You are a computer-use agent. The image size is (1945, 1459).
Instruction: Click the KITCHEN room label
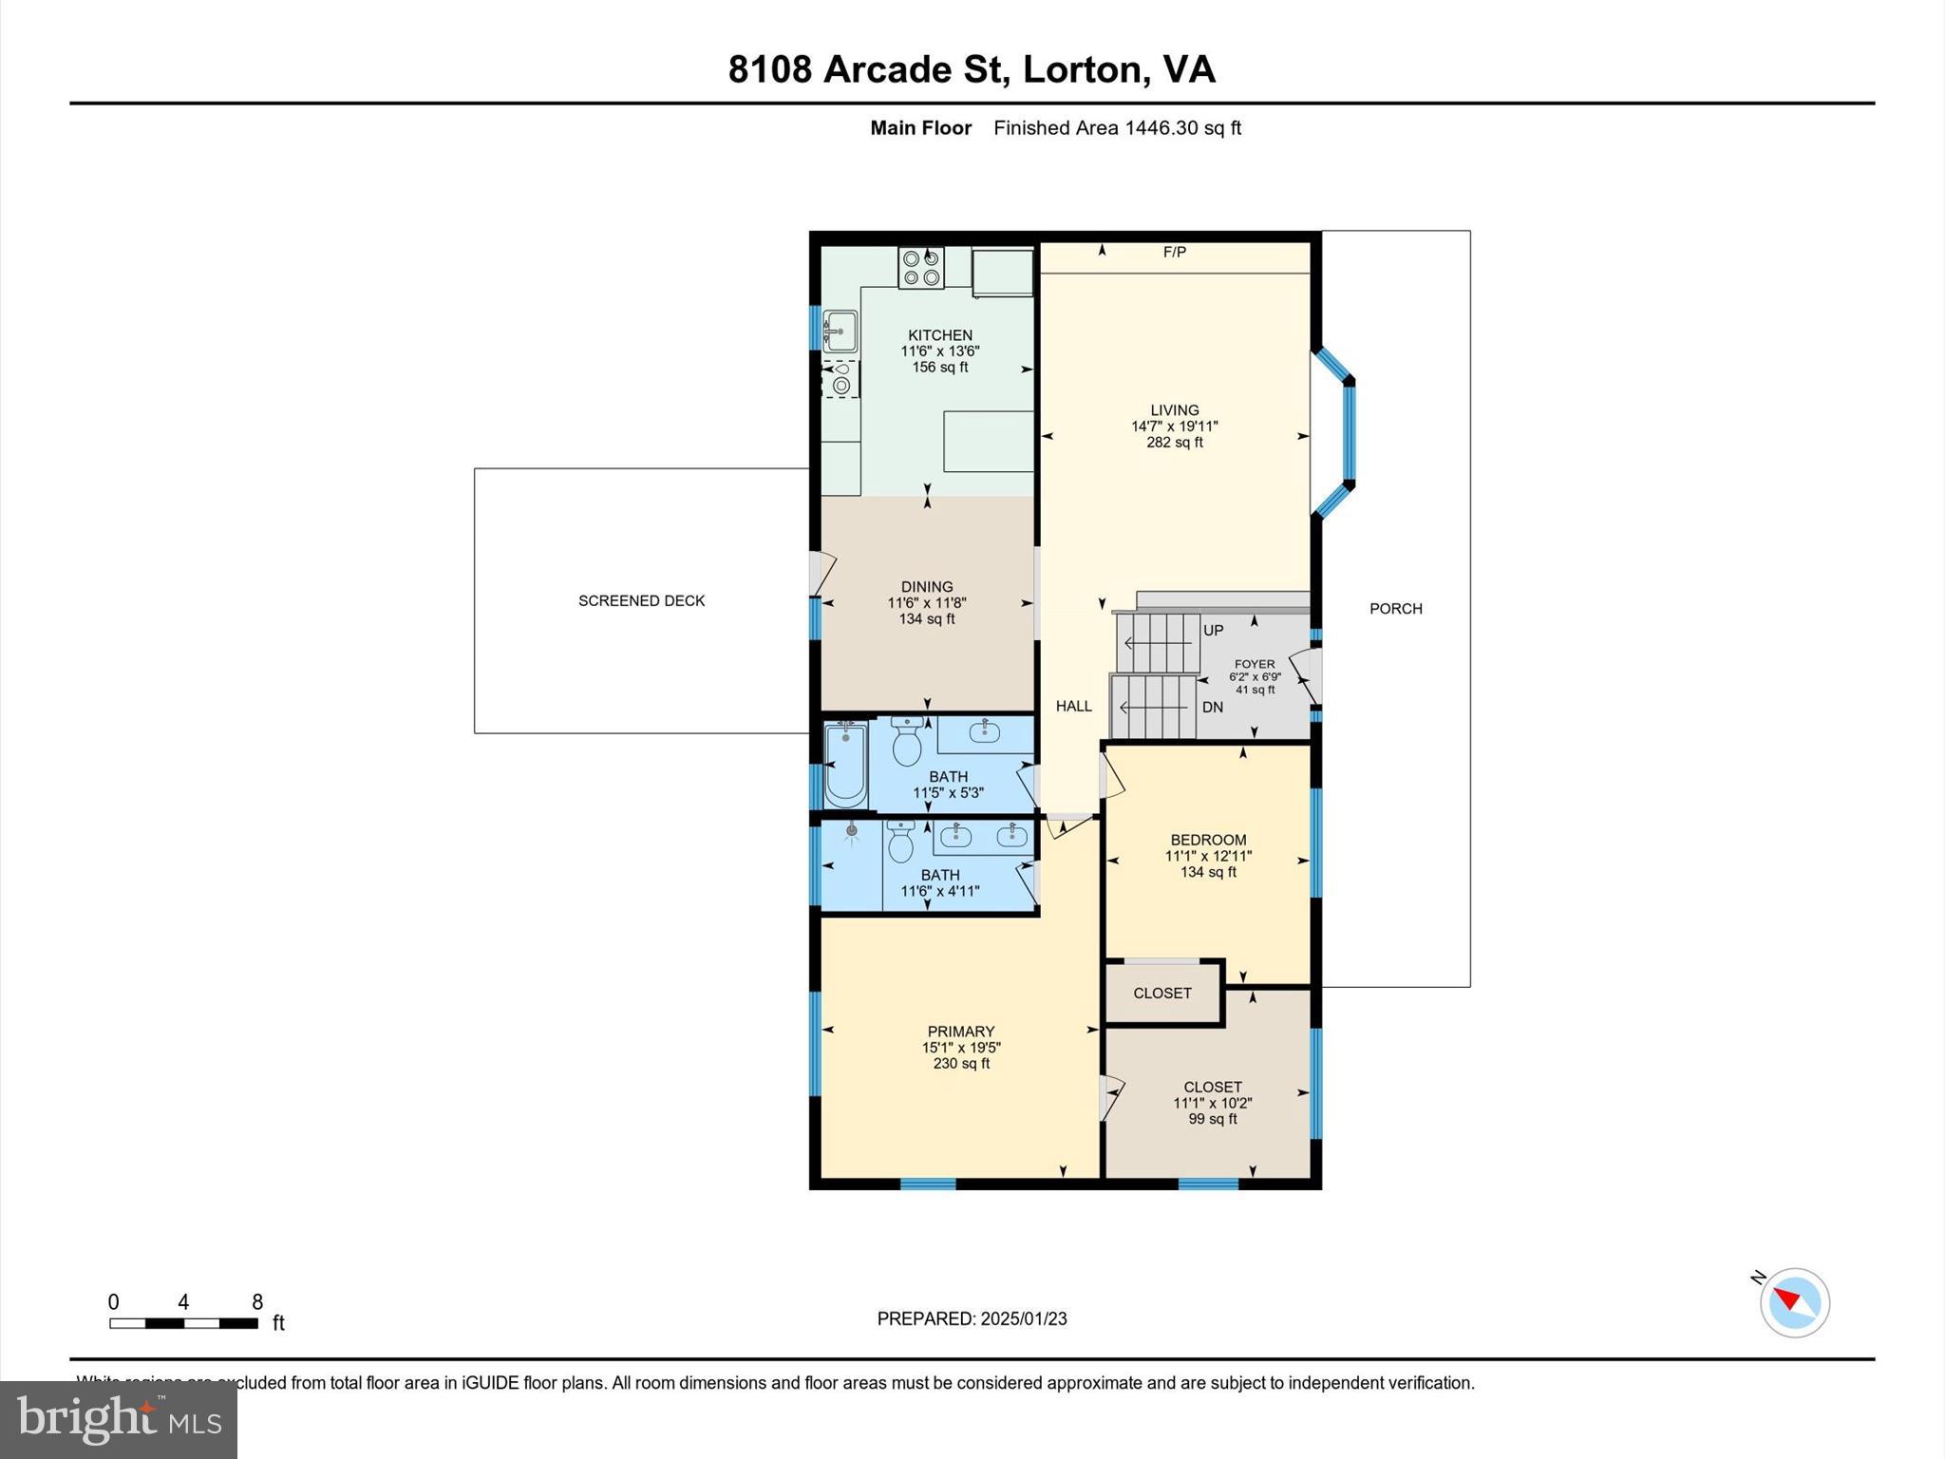click(x=939, y=335)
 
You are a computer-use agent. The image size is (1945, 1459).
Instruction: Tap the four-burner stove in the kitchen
click(x=921, y=267)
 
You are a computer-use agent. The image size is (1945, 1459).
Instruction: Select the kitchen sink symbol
click(x=840, y=332)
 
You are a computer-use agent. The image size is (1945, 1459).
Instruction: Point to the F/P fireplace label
click(x=1174, y=253)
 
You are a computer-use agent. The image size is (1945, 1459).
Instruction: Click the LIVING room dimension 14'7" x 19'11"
click(x=1174, y=426)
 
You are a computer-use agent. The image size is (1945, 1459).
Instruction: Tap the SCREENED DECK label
click(x=641, y=601)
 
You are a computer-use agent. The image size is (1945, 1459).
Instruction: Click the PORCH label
click(x=1395, y=609)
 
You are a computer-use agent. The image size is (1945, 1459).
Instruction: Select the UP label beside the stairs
click(x=1213, y=631)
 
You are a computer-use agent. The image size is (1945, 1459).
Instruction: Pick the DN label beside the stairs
click(x=1212, y=708)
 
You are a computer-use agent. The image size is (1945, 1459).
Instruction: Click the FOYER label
click(x=1254, y=665)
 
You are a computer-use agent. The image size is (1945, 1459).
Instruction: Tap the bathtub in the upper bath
click(x=844, y=764)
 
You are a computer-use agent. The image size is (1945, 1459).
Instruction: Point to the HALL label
click(x=1073, y=706)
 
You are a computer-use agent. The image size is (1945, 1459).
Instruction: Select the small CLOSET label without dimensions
click(x=1161, y=993)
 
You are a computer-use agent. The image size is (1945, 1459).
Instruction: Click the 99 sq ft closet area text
click(x=1212, y=1119)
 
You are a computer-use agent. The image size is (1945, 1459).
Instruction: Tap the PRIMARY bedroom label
click(x=960, y=1032)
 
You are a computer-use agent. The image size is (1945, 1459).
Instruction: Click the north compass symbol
click(x=1793, y=1302)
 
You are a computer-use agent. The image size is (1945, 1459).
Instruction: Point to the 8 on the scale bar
click(x=256, y=1302)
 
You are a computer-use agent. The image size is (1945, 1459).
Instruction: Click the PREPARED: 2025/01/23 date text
click(x=972, y=1318)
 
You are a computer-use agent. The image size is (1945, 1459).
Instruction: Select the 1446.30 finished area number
click(x=1161, y=128)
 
